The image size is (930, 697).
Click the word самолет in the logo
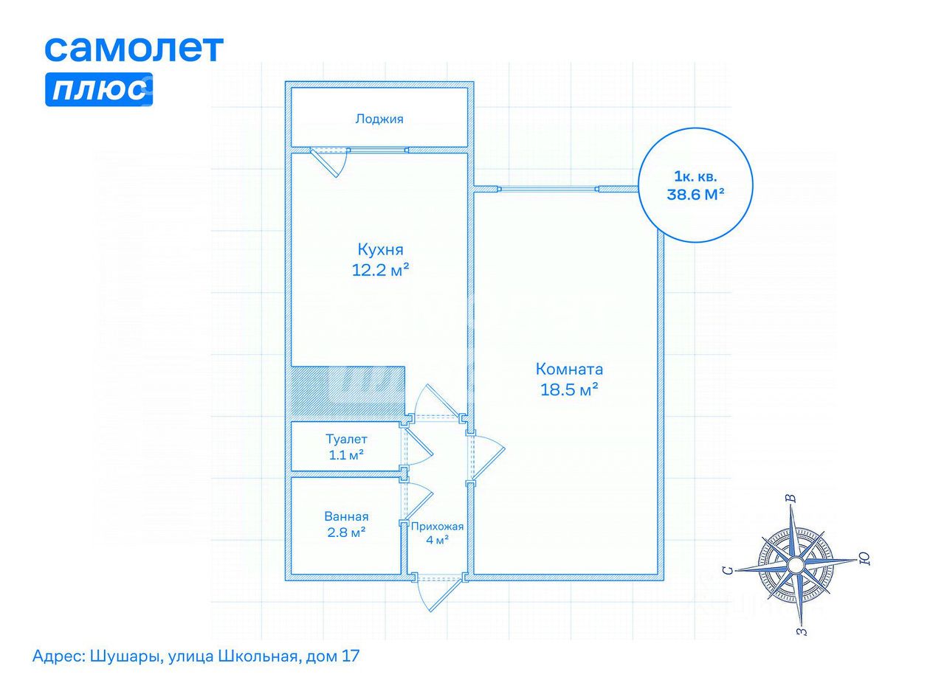coord(134,49)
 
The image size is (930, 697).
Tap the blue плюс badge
coord(99,89)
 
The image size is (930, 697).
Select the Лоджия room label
coord(379,119)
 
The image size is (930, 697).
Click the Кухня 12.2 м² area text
coord(380,260)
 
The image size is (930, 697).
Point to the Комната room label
coord(569,369)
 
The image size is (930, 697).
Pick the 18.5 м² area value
coord(569,389)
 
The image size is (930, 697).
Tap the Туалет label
coord(346,439)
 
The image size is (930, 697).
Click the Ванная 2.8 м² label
coord(346,524)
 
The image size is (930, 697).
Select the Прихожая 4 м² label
coord(437,533)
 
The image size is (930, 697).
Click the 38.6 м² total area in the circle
coord(695,194)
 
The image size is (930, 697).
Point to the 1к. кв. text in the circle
coord(695,176)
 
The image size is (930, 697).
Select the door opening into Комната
coord(488,457)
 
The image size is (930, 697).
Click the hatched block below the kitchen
coord(348,394)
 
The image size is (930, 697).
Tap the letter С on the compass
coord(728,571)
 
